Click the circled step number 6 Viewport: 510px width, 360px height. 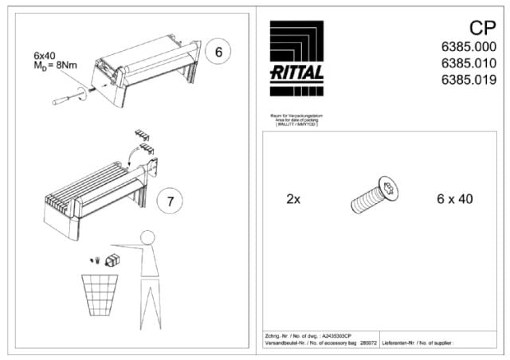[x=218, y=53]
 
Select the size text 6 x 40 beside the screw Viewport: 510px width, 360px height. [x=454, y=199]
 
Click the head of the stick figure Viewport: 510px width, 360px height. [x=147, y=240]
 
